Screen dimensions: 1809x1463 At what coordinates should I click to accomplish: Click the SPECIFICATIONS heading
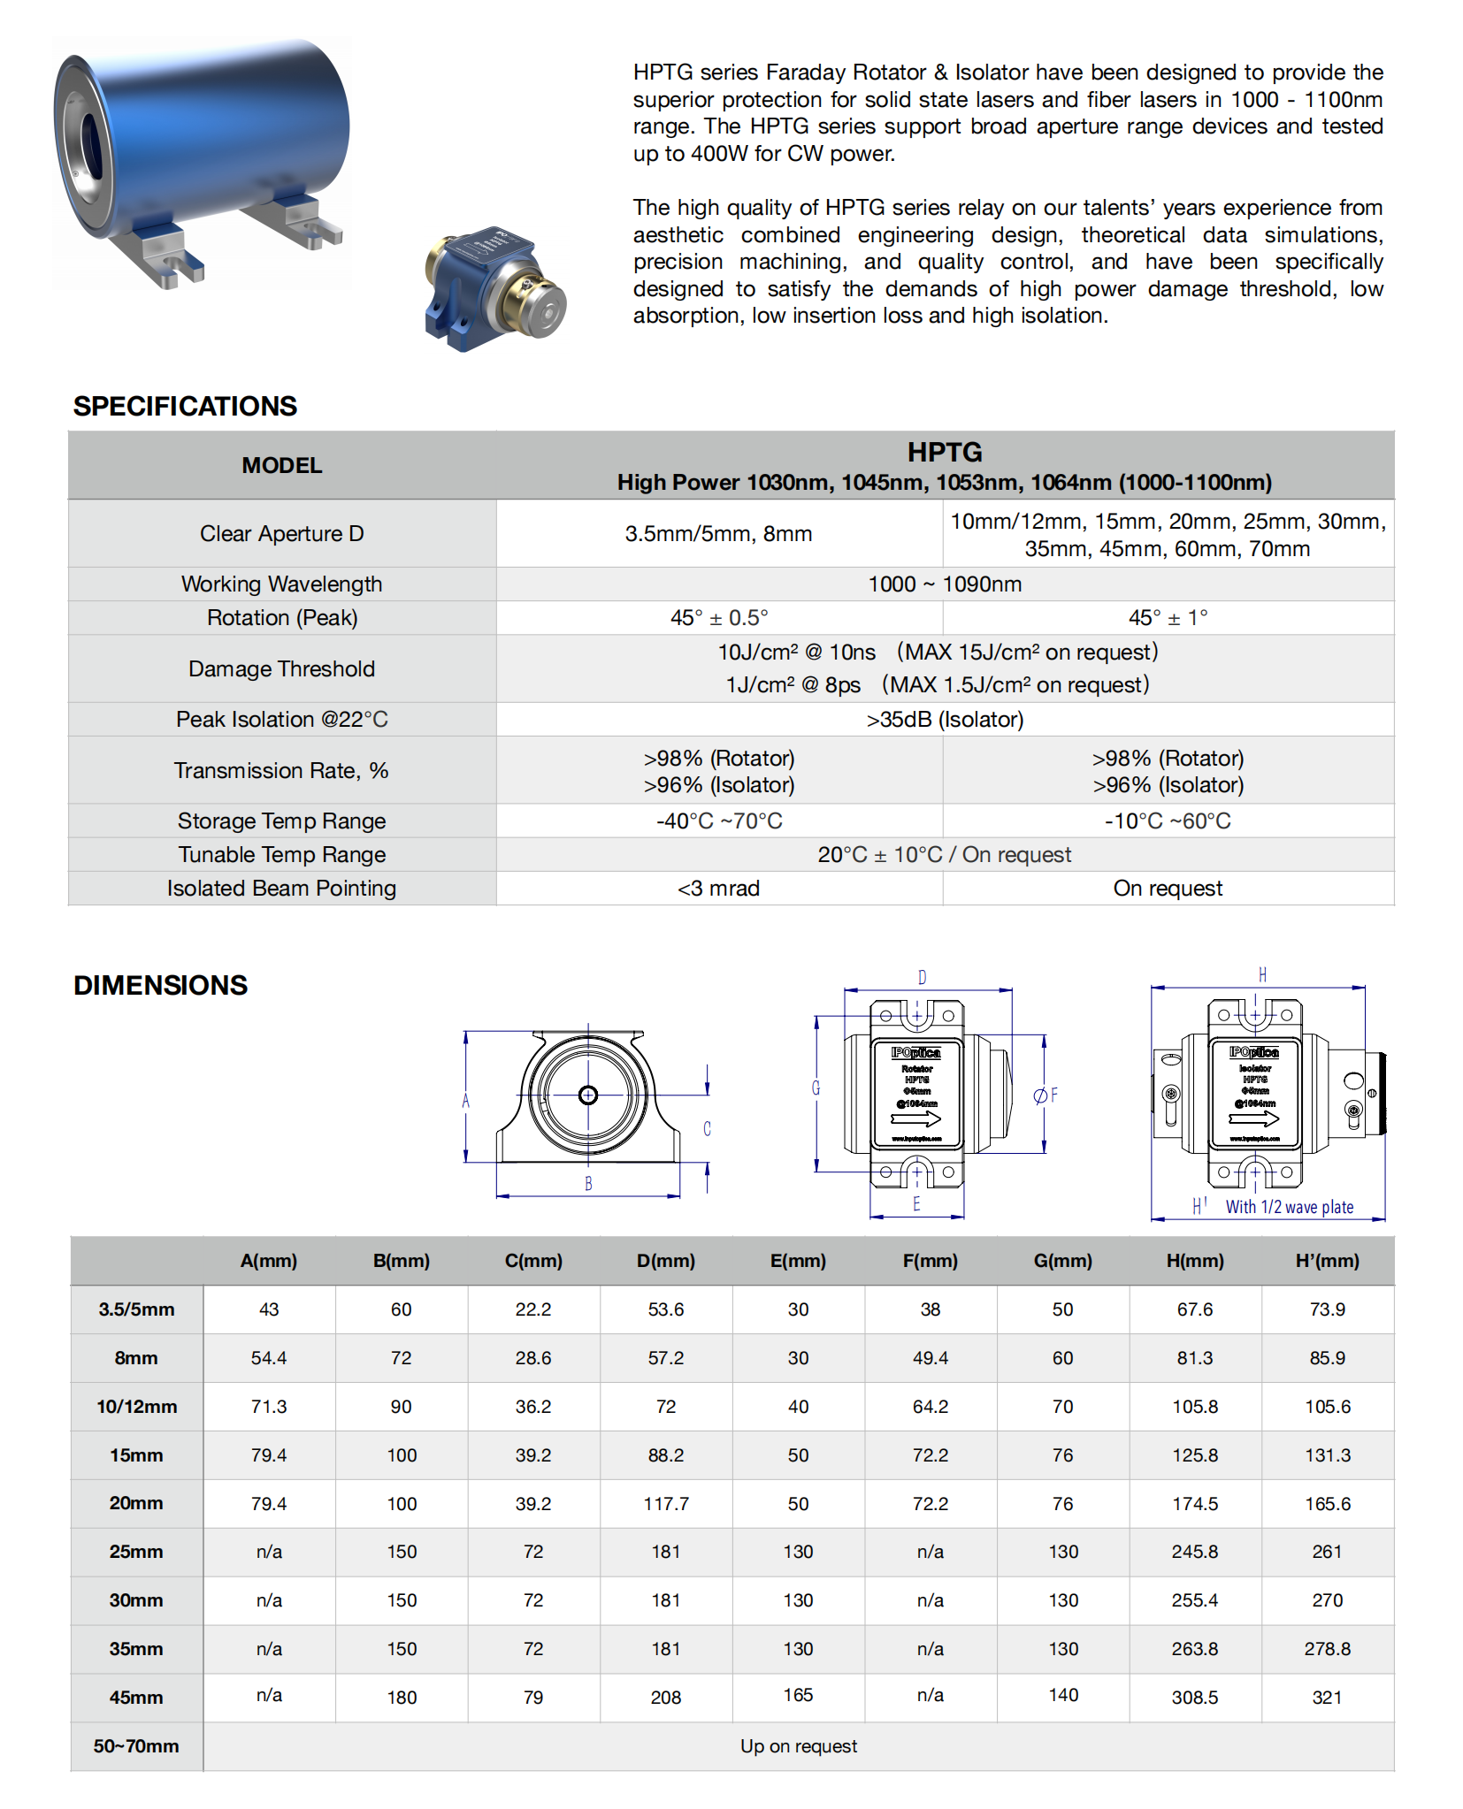pos(185,406)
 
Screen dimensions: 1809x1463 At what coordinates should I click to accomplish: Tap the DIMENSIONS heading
pos(160,985)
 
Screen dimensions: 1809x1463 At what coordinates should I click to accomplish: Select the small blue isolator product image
pos(494,288)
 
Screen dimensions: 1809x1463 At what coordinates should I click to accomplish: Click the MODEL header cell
pos(281,465)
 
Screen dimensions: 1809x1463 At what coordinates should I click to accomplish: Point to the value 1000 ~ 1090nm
pos(944,584)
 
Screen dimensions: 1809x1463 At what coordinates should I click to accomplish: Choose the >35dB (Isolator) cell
pos(944,719)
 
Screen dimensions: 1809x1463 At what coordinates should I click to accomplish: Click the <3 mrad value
pos(718,888)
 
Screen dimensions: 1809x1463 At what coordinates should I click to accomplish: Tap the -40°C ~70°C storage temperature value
pos(718,821)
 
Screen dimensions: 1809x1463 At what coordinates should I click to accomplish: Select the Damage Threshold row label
pos(281,668)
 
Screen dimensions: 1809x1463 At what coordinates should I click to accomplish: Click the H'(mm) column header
pos(1327,1260)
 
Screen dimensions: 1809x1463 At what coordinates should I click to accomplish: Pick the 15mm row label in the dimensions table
pos(136,1454)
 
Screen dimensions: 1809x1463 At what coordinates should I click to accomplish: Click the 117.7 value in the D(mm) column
pos(665,1503)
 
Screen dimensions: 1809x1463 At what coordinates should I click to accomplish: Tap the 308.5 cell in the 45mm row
pos(1194,1697)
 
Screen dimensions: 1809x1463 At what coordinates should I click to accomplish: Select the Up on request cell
pos(798,1745)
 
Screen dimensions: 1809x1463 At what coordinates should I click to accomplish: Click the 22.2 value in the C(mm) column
pos(532,1309)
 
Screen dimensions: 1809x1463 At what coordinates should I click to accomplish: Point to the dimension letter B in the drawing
pos(588,1183)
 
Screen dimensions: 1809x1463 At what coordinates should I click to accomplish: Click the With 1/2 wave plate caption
pos(1289,1207)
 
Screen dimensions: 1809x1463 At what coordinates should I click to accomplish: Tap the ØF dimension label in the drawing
pos(1046,1095)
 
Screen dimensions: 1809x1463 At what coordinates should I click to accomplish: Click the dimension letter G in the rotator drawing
pos(816,1088)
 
